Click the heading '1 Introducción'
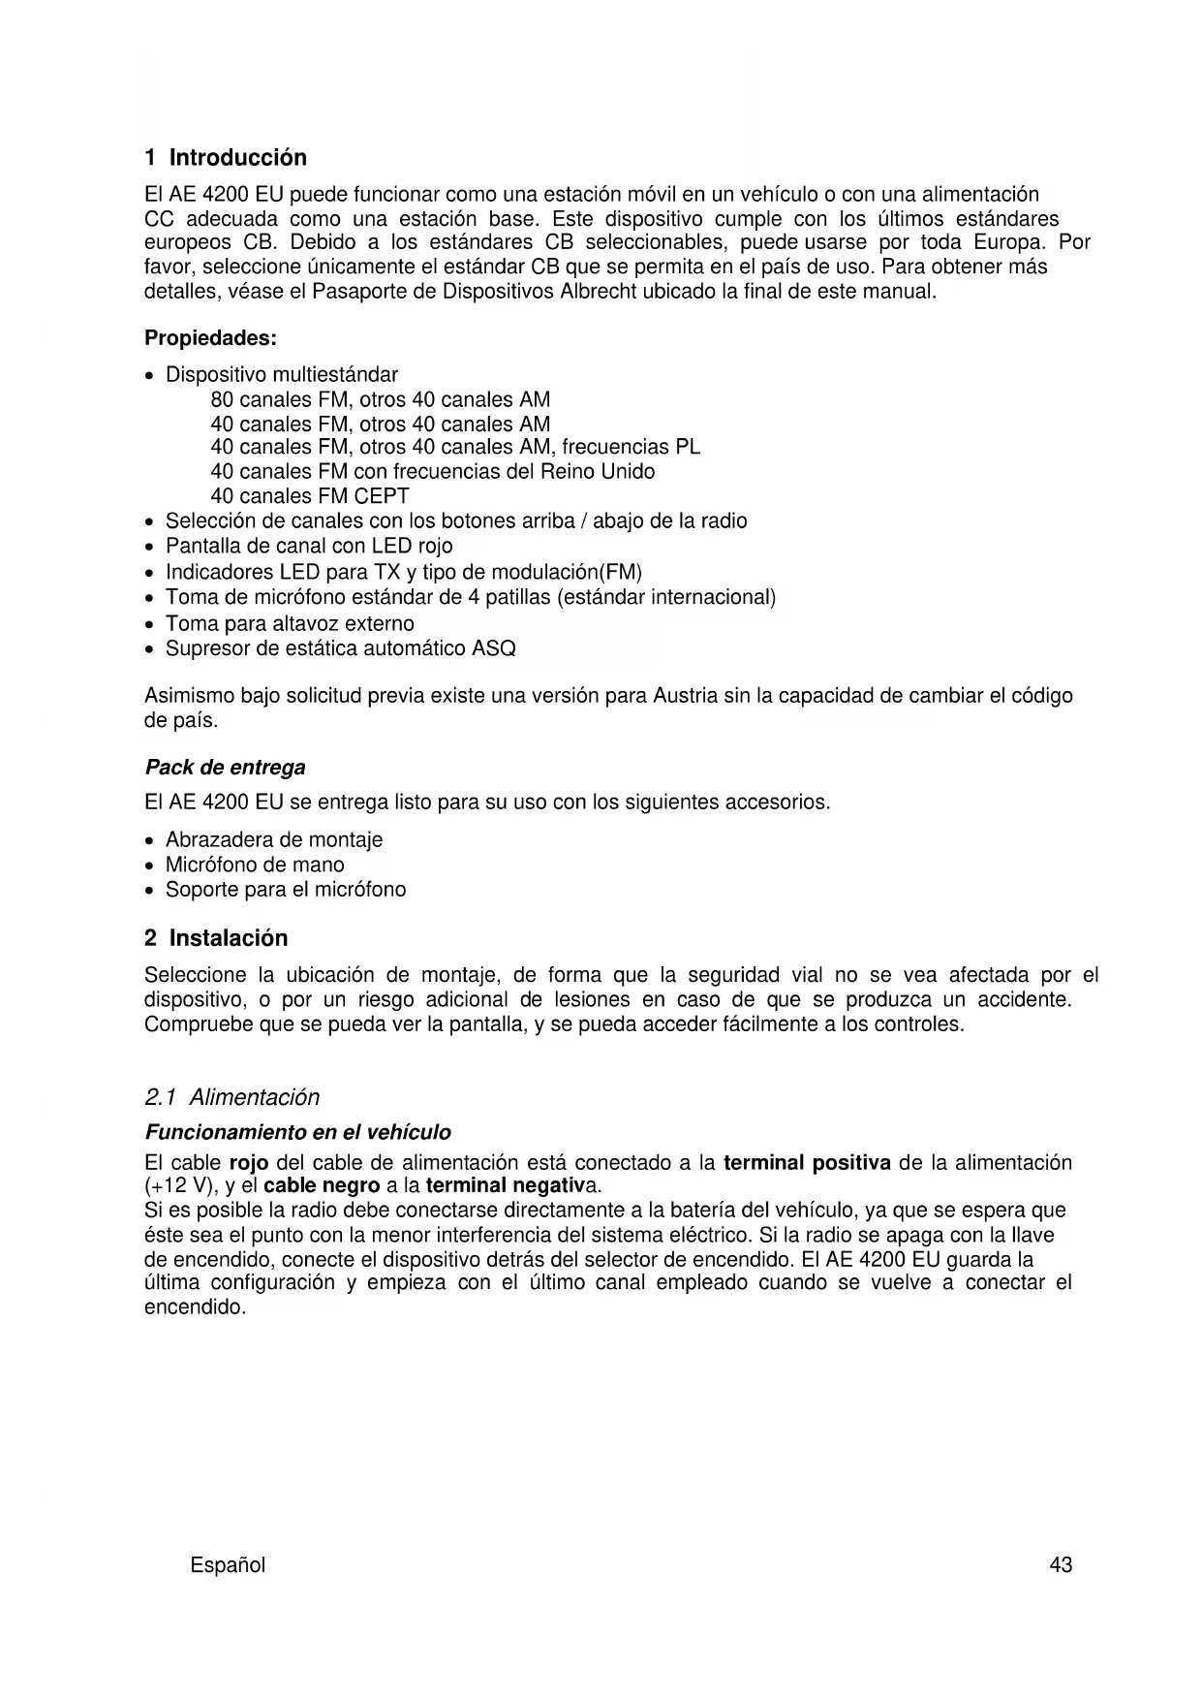(x=225, y=157)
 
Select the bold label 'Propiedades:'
(x=210, y=338)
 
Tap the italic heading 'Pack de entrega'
(x=225, y=768)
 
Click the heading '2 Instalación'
(x=216, y=938)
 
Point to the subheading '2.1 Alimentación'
(x=231, y=1097)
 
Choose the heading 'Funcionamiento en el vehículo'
(x=297, y=1132)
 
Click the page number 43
(x=1061, y=1565)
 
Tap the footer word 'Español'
(x=228, y=1565)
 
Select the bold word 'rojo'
(x=249, y=1162)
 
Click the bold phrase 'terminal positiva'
(x=807, y=1162)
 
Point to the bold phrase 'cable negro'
(x=321, y=1185)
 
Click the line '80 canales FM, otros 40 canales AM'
(x=380, y=399)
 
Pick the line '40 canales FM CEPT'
(x=310, y=496)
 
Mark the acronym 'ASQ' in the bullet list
(x=493, y=648)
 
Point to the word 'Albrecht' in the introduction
(x=599, y=291)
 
